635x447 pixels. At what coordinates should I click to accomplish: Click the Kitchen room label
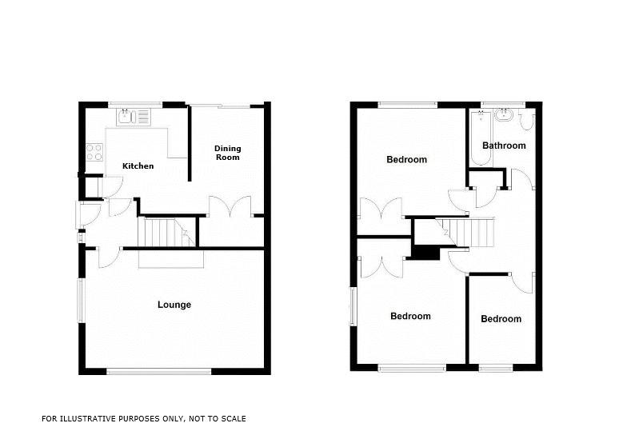click(138, 166)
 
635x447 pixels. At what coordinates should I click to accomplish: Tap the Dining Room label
click(227, 153)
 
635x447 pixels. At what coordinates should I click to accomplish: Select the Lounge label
click(174, 305)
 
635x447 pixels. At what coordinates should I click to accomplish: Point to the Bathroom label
click(504, 146)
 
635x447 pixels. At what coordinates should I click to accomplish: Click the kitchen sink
click(134, 118)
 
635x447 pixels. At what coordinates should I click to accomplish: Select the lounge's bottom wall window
click(159, 370)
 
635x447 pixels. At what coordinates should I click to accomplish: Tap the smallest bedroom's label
click(501, 319)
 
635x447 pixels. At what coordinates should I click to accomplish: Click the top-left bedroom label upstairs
click(406, 159)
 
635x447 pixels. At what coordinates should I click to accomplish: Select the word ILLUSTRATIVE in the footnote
click(90, 418)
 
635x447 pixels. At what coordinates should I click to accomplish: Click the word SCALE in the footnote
click(233, 418)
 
